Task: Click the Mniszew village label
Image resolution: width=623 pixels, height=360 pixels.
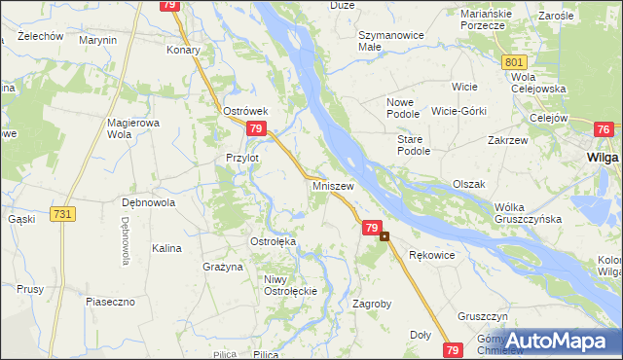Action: [333, 184]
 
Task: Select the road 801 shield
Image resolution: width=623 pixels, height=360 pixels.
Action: [515, 62]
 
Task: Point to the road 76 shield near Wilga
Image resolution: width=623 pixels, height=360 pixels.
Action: [604, 130]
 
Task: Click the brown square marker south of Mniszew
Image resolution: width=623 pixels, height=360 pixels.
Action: [385, 235]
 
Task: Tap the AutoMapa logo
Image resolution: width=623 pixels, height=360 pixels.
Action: [556, 341]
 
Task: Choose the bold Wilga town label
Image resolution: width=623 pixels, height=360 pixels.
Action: [604, 157]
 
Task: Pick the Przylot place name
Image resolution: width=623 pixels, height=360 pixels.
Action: [241, 158]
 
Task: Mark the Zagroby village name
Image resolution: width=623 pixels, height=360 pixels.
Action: [371, 304]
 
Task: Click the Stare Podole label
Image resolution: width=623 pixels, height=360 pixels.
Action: [413, 145]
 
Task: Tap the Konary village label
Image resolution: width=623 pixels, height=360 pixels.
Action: [183, 50]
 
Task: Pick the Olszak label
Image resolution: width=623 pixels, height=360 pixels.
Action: [468, 184]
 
